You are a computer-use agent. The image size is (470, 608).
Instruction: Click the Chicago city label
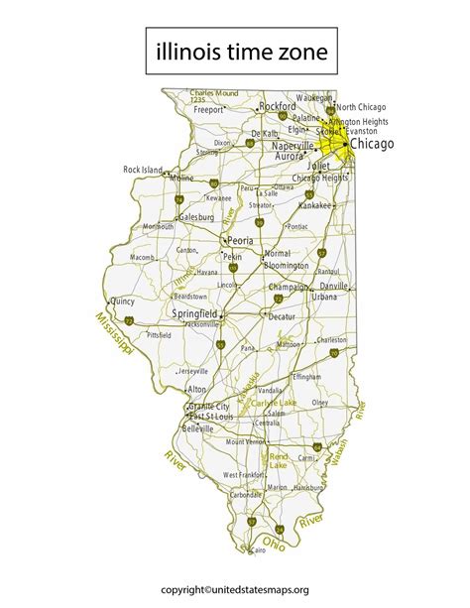pos(372,145)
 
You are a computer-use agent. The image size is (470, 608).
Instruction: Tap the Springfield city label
pos(195,313)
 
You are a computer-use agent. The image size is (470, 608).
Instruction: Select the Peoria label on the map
pos(240,240)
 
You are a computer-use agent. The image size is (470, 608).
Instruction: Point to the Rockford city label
pos(277,106)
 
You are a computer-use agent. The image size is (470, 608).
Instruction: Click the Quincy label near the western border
pos(122,301)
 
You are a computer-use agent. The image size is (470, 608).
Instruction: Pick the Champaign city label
pos(289,287)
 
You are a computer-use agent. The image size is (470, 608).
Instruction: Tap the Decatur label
pos(282,316)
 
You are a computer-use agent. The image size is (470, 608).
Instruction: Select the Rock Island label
pos(142,170)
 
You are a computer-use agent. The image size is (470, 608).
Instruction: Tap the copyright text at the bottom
pos(234,588)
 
